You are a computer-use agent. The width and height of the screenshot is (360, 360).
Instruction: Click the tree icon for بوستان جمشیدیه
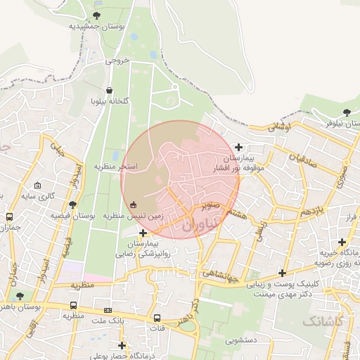(96, 15)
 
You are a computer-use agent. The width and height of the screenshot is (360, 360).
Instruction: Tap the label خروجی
(118, 60)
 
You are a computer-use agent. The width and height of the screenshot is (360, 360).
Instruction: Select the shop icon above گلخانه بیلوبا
(109, 91)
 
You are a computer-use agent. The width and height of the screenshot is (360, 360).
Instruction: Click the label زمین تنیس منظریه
(134, 215)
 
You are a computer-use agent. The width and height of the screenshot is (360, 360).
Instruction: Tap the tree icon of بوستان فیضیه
(72, 205)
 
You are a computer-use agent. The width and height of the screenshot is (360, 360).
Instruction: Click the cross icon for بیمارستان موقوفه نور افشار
(240, 148)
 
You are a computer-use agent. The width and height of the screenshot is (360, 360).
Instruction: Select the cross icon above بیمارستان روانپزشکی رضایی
(143, 233)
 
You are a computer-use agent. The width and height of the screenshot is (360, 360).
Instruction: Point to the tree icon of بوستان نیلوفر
(347, 112)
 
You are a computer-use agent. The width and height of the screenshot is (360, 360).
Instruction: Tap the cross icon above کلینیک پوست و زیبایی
(283, 273)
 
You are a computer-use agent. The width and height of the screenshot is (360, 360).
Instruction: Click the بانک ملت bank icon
(108, 310)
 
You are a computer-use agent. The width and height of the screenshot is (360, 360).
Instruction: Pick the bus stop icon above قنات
(157, 317)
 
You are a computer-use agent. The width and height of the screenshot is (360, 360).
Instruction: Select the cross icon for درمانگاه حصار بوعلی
(122, 345)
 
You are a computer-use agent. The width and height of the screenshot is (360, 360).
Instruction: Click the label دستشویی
(240, 340)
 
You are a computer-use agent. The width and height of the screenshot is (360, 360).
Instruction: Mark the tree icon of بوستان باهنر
(20, 296)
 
